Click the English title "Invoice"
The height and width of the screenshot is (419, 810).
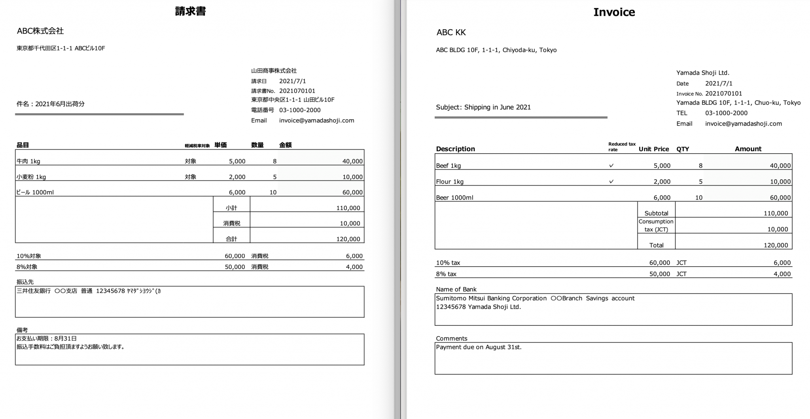click(x=614, y=12)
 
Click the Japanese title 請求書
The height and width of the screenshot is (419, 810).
click(x=190, y=11)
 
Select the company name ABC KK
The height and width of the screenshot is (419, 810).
click(x=451, y=32)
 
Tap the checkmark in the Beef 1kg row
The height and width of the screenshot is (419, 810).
click(x=611, y=165)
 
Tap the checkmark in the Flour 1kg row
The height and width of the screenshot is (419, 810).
click(x=611, y=182)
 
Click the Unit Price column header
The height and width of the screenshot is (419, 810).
click(x=653, y=149)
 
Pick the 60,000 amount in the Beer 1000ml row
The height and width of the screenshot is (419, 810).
click(x=780, y=197)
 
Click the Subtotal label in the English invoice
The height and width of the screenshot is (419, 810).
click(x=656, y=213)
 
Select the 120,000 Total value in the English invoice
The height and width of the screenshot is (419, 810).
click(x=776, y=245)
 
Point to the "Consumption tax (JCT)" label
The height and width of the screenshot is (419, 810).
click(x=656, y=225)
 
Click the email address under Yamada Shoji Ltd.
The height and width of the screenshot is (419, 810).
click(x=743, y=124)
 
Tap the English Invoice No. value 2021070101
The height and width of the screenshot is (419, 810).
click(x=723, y=94)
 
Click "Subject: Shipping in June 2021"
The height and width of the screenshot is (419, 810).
click(x=483, y=107)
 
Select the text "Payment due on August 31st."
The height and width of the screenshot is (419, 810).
click(x=479, y=347)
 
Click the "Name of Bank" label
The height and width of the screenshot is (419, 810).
click(x=456, y=289)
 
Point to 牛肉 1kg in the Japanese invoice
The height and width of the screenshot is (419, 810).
click(x=28, y=161)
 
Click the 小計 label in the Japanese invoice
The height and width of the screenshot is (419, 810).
click(x=231, y=208)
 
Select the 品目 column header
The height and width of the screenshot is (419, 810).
click(x=23, y=145)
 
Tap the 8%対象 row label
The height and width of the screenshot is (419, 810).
click(x=27, y=267)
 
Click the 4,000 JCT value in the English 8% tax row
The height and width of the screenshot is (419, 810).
click(x=782, y=274)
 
